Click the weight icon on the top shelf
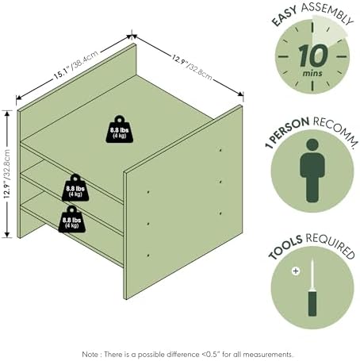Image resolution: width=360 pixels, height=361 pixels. pyautogui.click(x=120, y=129)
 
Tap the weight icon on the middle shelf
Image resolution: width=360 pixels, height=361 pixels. pyautogui.click(x=75, y=188)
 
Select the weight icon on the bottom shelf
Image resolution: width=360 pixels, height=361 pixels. pyautogui.click(x=72, y=219)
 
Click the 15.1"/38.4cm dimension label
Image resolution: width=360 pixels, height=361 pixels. pyautogui.click(x=76, y=65)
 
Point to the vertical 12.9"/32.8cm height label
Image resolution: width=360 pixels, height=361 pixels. pyautogui.click(x=7, y=174)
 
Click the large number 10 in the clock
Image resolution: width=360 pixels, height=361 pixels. pyautogui.click(x=313, y=56)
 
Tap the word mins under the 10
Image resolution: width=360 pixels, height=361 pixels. pyautogui.click(x=312, y=73)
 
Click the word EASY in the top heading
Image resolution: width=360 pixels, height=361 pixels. pyautogui.click(x=285, y=16)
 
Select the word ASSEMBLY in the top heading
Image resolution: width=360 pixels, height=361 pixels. pyautogui.click(x=327, y=12)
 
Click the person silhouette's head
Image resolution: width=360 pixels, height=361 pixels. pyautogui.click(x=312, y=144)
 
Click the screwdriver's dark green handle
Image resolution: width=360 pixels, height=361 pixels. pyautogui.click(x=312, y=303)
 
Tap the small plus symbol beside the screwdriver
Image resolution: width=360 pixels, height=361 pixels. pyautogui.click(x=296, y=271)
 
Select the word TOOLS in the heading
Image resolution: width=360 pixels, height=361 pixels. pyautogui.click(x=285, y=247)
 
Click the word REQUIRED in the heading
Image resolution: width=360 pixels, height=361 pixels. pyautogui.click(x=331, y=245)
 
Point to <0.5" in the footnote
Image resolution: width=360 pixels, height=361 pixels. pyautogui.click(x=212, y=354)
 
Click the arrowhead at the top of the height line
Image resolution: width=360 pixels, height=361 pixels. pyautogui.click(x=7, y=113)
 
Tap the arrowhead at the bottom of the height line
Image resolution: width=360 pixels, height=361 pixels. pyautogui.click(x=7, y=234)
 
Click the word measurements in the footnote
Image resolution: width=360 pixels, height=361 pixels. pyautogui.click(x=268, y=354)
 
